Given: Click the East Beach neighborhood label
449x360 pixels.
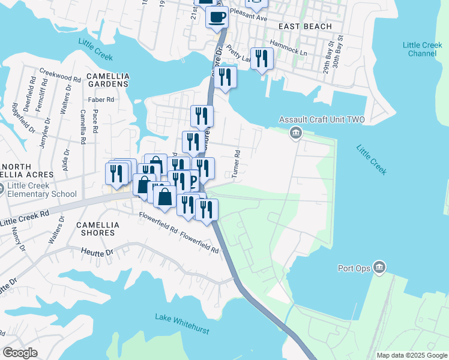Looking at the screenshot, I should click(305, 27).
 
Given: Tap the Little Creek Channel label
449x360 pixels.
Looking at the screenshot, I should click(423, 49).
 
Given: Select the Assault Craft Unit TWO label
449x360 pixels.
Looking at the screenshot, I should click(330, 120).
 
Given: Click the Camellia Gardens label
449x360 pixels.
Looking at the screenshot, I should click(107, 80).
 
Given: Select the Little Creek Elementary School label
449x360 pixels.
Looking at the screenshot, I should click(41, 190).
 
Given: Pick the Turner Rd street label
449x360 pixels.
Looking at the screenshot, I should click(237, 164).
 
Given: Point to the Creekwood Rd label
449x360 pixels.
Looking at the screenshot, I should click(60, 79).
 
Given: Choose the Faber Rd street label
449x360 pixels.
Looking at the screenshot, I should click(101, 100).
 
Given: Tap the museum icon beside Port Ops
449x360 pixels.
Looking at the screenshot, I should click(379, 267).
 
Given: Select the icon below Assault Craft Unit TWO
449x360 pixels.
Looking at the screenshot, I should click(295, 133).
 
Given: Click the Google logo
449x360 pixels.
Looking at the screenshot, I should click(20, 353).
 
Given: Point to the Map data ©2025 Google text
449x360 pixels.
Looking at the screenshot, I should click(411, 355).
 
